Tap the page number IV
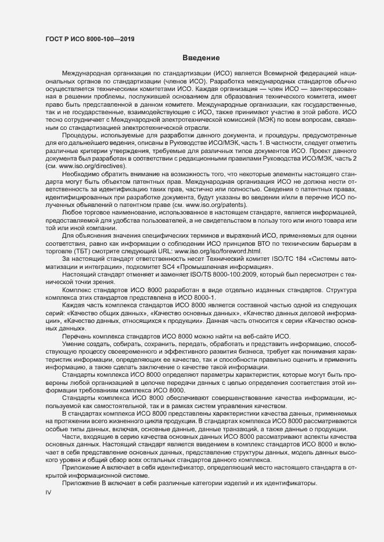coord(49,492)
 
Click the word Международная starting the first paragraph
coord(87,75)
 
